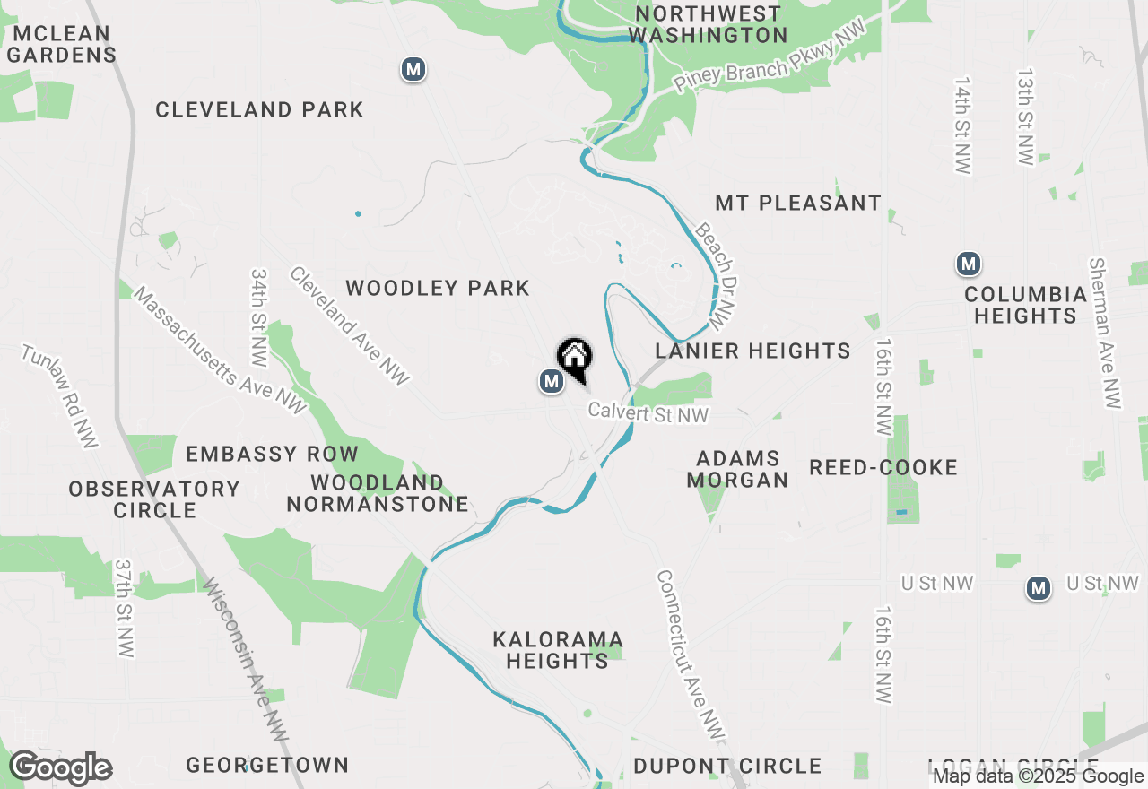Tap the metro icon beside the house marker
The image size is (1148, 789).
551,382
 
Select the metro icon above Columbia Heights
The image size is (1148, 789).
968,264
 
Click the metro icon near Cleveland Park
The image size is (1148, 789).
413,68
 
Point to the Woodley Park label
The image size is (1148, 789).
438,288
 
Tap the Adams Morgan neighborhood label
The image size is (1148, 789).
738,470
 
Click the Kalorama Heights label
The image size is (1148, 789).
558,650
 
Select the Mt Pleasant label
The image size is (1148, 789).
798,203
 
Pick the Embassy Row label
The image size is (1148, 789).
272,454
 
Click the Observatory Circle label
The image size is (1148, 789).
155,499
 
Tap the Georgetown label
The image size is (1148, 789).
267,765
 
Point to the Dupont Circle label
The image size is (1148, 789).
727,766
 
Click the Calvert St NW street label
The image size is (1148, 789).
648,412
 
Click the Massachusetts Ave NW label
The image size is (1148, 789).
221,351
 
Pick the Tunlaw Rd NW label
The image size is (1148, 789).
60,395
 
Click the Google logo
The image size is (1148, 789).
60,768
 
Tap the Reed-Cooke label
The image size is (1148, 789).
883,467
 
